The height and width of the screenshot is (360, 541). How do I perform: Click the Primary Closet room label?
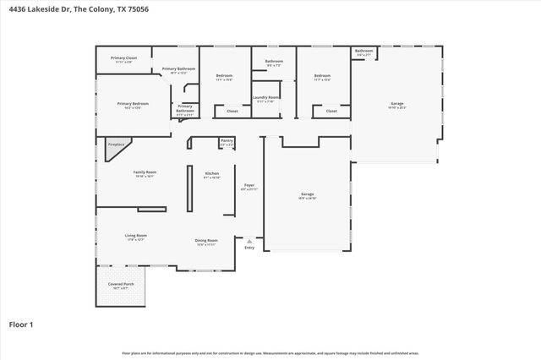tap(123, 57)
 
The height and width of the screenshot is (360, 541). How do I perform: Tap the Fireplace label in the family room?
tap(116, 145)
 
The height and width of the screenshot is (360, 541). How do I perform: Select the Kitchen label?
tap(212, 173)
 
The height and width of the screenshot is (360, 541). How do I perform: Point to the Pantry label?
tap(227, 140)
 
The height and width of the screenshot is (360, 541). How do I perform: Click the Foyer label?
tap(249, 185)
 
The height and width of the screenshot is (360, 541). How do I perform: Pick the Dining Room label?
tap(207, 240)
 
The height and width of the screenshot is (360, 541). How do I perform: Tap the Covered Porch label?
tap(120, 284)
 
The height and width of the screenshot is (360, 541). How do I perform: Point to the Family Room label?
tap(145, 172)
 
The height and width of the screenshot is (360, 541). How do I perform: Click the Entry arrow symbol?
tap(249, 240)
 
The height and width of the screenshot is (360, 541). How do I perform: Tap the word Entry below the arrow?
tap(249, 248)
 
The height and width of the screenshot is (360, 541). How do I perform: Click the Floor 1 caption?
tap(21, 323)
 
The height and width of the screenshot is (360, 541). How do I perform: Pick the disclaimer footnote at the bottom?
tap(270, 352)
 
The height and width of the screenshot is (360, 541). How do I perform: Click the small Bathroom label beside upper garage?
tap(363, 51)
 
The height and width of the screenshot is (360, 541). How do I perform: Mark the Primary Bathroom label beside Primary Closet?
tap(178, 68)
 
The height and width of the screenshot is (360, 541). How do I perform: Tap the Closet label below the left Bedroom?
tap(232, 111)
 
